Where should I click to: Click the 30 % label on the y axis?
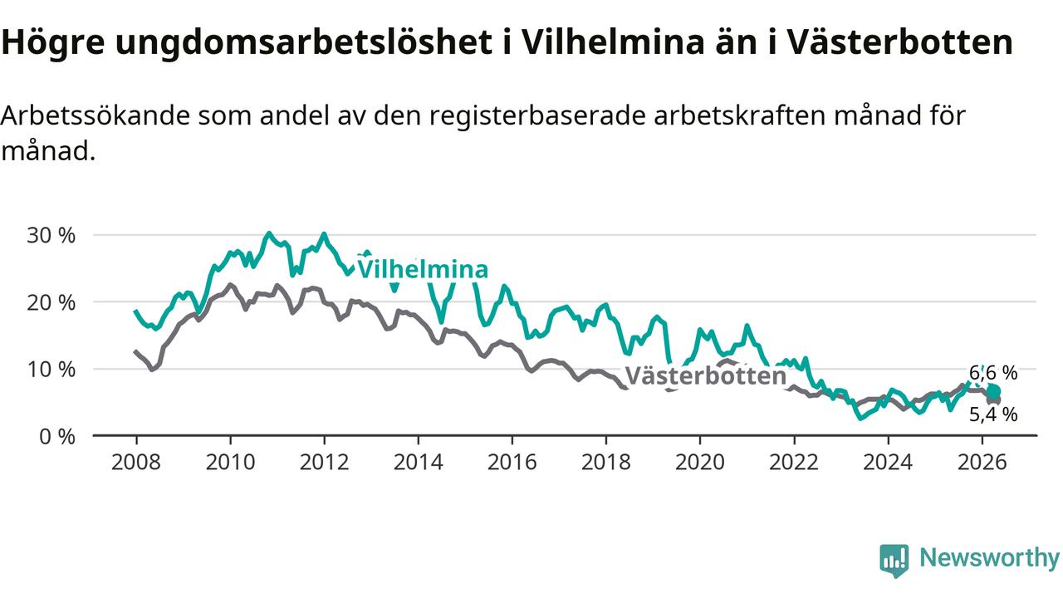tap(51, 235)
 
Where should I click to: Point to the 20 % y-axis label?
tap(51, 302)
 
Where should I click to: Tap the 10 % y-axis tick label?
tap(51, 370)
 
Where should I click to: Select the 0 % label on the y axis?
tap(57, 437)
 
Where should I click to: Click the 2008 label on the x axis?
tap(135, 462)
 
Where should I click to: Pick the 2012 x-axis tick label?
tap(324, 462)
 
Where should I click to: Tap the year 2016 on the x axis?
tap(512, 462)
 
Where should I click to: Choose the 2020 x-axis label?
tap(700, 462)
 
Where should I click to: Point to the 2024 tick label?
tap(888, 462)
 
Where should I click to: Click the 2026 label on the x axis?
tap(982, 462)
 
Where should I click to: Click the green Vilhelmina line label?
tap(423, 269)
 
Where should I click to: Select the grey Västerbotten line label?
tap(706, 376)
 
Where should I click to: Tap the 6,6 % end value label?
tap(993, 373)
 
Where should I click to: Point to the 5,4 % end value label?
tap(993, 414)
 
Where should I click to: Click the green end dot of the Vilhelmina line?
tap(993, 391)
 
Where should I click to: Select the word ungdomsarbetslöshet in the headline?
tap(304, 42)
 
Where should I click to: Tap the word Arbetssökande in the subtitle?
tap(96, 115)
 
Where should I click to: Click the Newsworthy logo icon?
tap(894, 561)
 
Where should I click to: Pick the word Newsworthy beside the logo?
tap(989, 557)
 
